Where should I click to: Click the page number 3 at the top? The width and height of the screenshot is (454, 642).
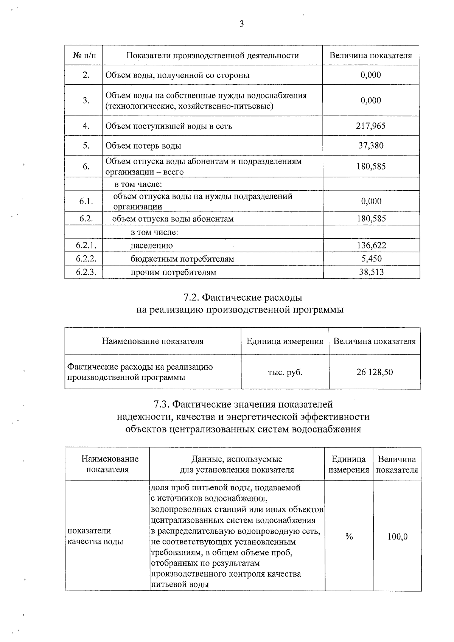click(241, 24)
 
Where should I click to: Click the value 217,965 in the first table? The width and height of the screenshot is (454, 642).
click(371, 126)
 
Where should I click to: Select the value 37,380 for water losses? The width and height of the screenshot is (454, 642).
click(371, 146)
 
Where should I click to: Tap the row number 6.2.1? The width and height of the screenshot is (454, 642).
click(86, 245)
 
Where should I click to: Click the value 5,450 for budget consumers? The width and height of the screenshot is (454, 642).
click(371, 259)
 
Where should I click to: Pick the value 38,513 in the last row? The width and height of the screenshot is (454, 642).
click(371, 272)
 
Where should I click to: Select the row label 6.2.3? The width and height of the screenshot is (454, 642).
click(86, 272)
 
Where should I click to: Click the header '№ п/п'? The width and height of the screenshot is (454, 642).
click(84, 56)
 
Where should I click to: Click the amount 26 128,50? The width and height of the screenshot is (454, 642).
click(375, 372)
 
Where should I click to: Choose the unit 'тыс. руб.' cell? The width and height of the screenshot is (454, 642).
click(285, 372)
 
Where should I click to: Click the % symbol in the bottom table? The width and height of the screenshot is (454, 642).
click(349, 536)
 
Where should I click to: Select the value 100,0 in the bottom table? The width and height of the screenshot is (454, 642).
click(397, 536)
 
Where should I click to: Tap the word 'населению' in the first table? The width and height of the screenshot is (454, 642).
click(152, 246)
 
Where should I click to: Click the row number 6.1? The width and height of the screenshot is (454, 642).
click(86, 201)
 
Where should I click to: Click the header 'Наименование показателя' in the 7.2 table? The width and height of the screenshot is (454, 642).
click(152, 341)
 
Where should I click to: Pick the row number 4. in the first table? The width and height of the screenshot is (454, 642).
click(86, 126)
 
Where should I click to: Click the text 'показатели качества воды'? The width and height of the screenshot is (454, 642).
click(95, 536)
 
